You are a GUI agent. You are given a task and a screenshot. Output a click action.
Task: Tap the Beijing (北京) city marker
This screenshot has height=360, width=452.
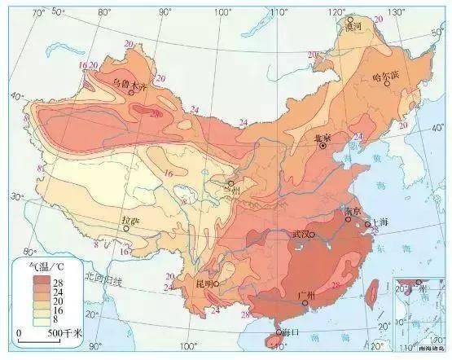click(323, 145)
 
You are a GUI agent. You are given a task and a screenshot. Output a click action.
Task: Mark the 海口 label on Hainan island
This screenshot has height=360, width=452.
click(290, 332)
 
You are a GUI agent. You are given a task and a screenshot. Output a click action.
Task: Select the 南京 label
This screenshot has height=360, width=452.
click(352, 211)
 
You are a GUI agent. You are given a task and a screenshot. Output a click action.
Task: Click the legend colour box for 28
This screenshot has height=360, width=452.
click(41, 279)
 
